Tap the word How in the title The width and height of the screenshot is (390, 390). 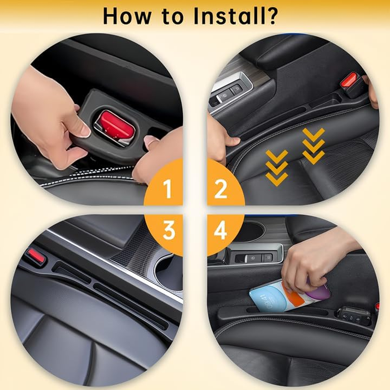tap(128, 16)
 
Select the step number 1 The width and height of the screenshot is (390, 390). tap(168, 189)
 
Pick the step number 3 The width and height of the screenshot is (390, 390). tap(168, 231)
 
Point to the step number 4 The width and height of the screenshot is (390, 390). tap(221, 231)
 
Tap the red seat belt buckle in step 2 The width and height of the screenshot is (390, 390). tap(349, 80)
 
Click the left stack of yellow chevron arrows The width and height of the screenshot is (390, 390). tap(277, 167)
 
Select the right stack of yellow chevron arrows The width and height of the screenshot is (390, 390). tap(313, 145)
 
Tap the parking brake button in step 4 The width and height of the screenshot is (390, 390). tap(253, 258)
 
